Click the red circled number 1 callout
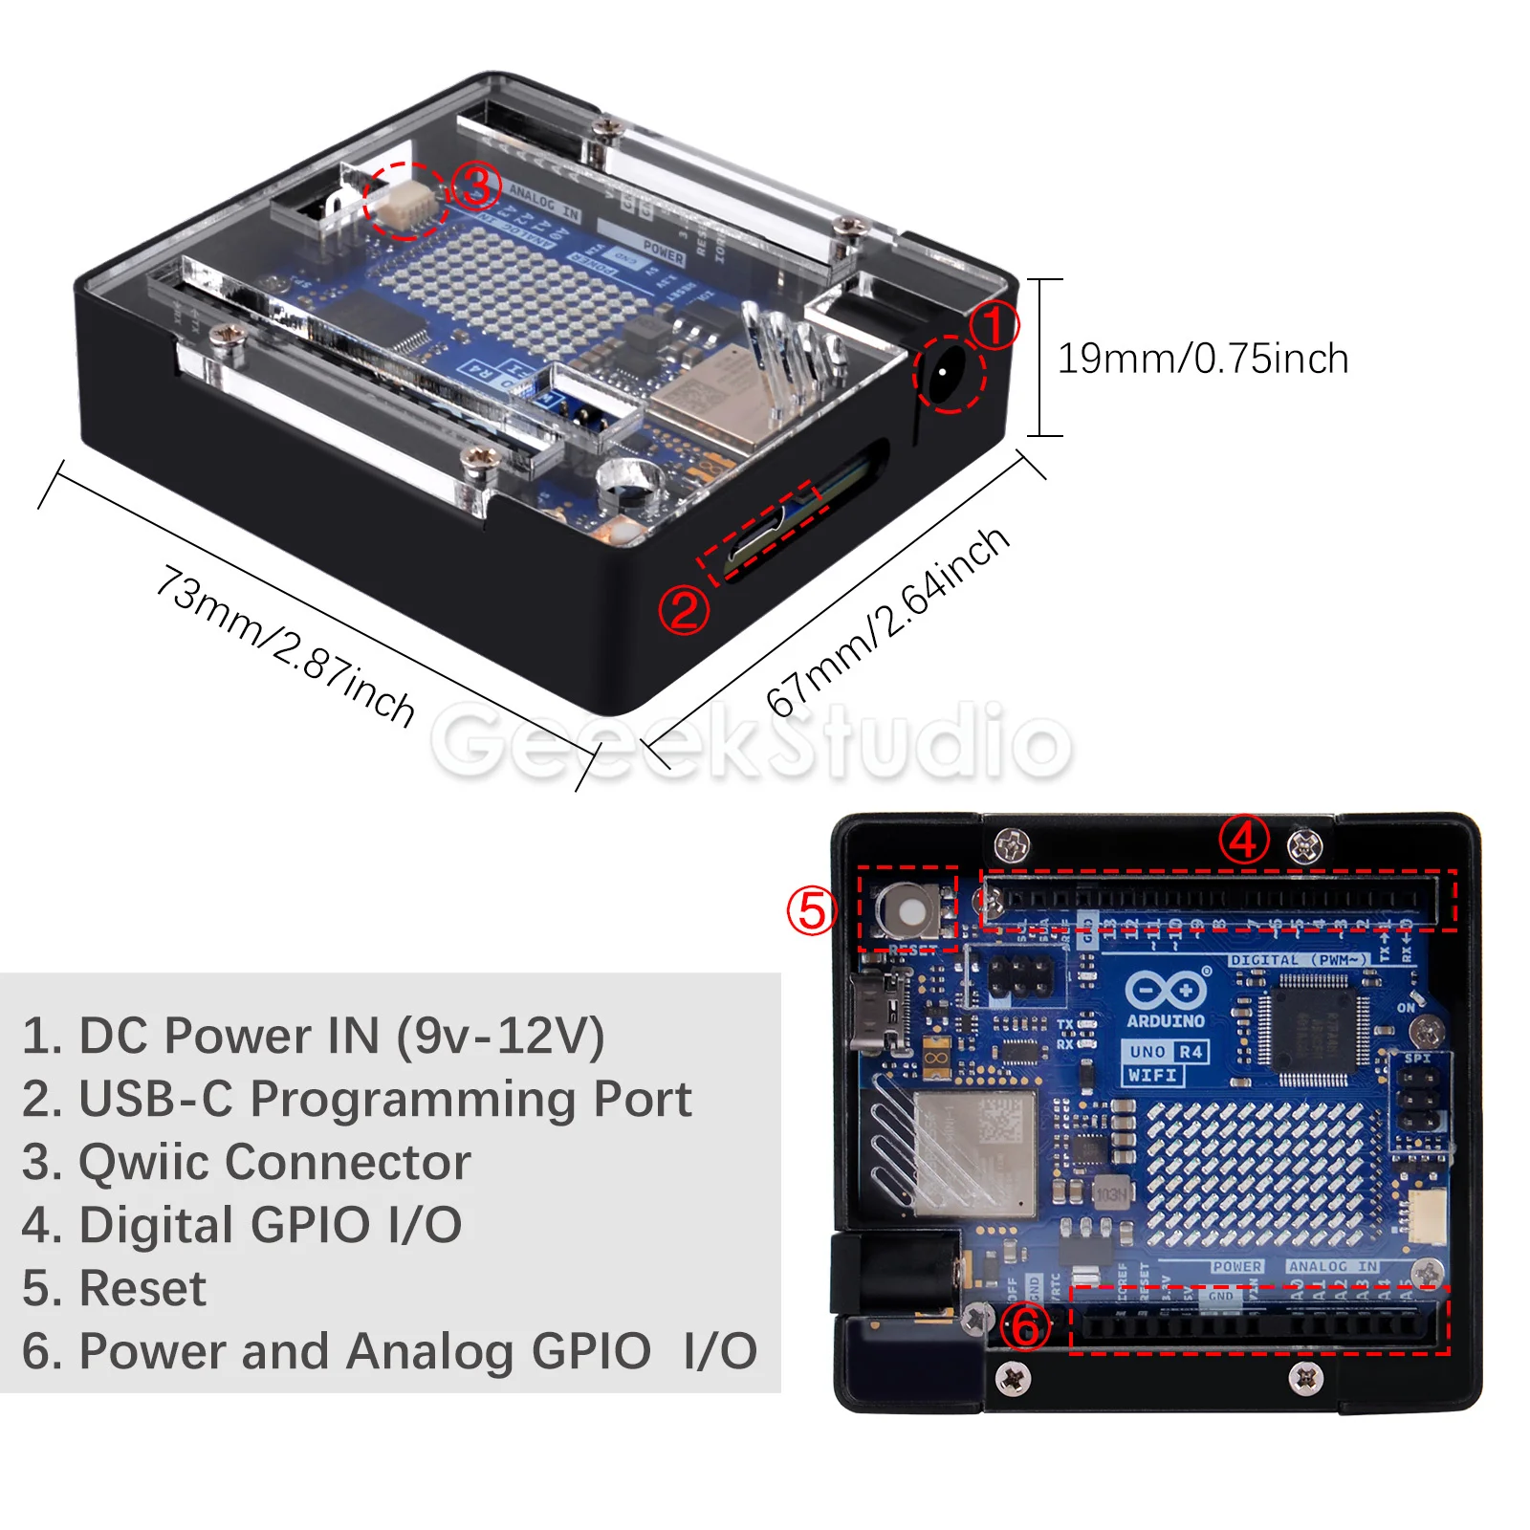click(x=994, y=325)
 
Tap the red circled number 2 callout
click(x=684, y=610)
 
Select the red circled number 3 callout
click(x=475, y=186)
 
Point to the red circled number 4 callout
click(x=1243, y=840)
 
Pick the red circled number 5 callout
click(x=811, y=909)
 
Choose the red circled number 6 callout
click(x=1025, y=1326)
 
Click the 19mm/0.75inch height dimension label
click(x=1202, y=359)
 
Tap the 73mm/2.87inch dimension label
click(x=285, y=645)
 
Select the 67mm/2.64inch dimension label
click(x=886, y=622)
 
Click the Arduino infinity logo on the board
click(x=1165, y=990)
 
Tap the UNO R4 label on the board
click(x=1165, y=1052)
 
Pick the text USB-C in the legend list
click(x=155, y=1099)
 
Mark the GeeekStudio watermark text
click(x=751, y=741)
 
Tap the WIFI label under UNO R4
click(x=1152, y=1075)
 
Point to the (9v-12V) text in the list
click(x=500, y=1036)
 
